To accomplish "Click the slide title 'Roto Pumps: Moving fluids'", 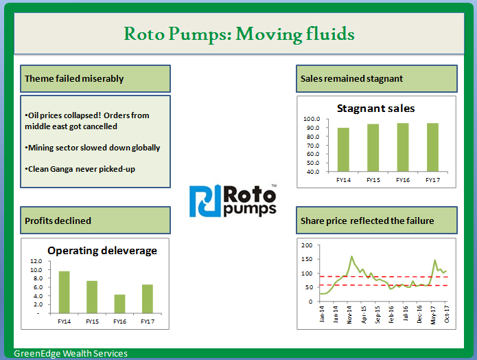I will pyautogui.click(x=239, y=33).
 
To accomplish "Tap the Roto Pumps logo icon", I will pyautogui.click(x=205, y=201).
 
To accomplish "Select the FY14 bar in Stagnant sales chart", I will pyautogui.click(x=343, y=149).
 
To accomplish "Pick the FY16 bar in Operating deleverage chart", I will pyautogui.click(x=120, y=304).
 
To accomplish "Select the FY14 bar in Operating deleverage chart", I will pyautogui.click(x=64, y=292).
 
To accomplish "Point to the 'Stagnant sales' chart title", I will pyautogui.click(x=375, y=108).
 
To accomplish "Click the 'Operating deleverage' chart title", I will pyautogui.click(x=102, y=250).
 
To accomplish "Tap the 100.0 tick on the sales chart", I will pyautogui.click(x=312, y=120).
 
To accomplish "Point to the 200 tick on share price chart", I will pyautogui.click(x=307, y=245).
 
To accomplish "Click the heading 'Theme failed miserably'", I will pyautogui.click(x=74, y=78).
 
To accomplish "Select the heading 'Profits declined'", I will pyautogui.click(x=58, y=221).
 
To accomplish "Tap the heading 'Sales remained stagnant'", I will pyautogui.click(x=351, y=78).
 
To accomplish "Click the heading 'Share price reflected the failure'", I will pyautogui.click(x=367, y=221).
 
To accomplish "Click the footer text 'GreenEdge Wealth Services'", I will pyautogui.click(x=71, y=354).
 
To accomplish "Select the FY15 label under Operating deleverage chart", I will pyautogui.click(x=92, y=321).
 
